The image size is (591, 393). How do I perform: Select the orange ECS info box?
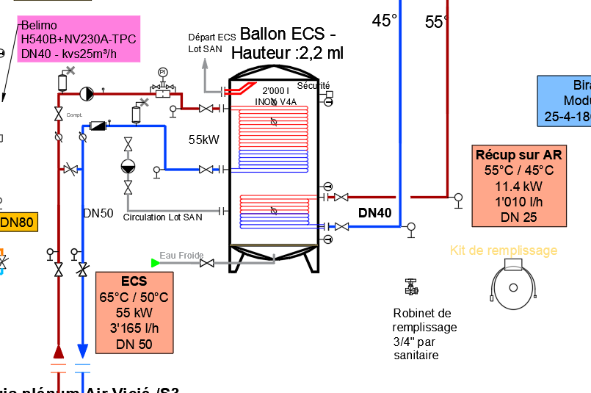pyautogui.click(x=134, y=313)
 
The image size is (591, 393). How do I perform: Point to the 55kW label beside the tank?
pyautogui.click(x=203, y=140)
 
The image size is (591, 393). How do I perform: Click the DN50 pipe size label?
pyautogui.click(x=98, y=213)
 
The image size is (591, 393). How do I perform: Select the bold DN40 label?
pyautogui.click(x=374, y=213)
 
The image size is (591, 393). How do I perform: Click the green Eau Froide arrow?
pyautogui.click(x=155, y=262)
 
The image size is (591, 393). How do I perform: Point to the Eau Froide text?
pyautogui.click(x=181, y=255)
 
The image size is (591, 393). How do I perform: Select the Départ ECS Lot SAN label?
pyautogui.click(x=211, y=42)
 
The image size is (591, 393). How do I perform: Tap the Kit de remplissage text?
pyautogui.click(x=503, y=250)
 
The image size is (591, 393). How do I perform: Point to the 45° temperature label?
pyautogui.click(x=385, y=21)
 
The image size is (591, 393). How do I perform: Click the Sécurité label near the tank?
pyautogui.click(x=313, y=86)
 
